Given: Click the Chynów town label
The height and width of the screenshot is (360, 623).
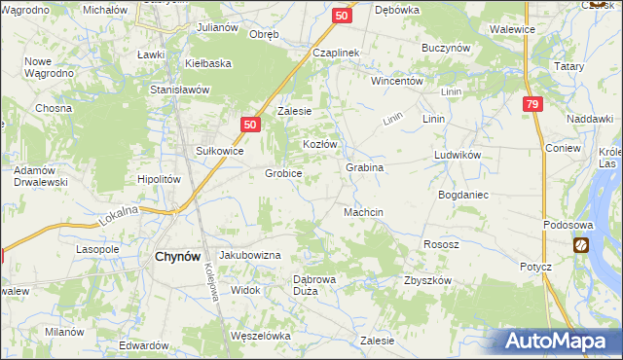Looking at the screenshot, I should tap(178, 256).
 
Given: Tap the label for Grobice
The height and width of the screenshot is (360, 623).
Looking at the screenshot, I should tap(283, 173).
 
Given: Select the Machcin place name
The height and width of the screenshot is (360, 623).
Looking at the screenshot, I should tap(364, 212).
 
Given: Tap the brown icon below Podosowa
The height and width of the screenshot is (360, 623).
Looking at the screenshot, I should tap(580, 246).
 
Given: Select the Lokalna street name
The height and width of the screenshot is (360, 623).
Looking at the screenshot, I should tap(119, 216).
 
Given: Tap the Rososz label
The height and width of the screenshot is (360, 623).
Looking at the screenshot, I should tap(441, 244).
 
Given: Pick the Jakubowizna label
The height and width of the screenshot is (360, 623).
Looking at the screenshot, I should tap(250, 254).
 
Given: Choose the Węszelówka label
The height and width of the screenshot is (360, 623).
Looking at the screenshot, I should tap(261, 336).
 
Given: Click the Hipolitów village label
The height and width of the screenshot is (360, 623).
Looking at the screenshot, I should tap(160, 179).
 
